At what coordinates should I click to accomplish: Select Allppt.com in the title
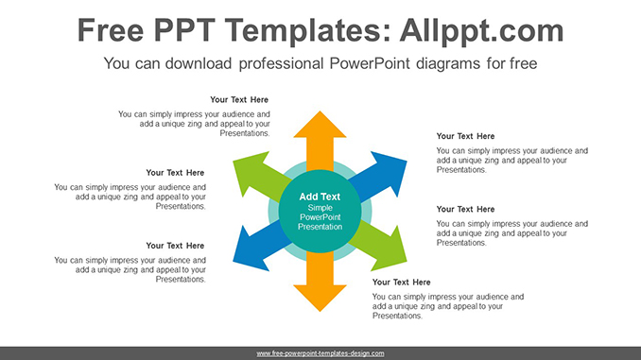[x=480, y=31]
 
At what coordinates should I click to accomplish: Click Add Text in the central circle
[x=320, y=197]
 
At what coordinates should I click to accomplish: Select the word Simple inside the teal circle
[x=320, y=207]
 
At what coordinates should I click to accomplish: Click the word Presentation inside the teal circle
[x=320, y=227]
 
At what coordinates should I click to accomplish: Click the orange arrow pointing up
[x=320, y=137]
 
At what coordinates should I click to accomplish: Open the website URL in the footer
[x=320, y=352]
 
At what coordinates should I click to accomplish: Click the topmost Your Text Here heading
[x=239, y=99]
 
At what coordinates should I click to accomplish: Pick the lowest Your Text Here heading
[x=401, y=282]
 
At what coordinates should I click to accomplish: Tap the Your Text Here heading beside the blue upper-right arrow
[x=465, y=136]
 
